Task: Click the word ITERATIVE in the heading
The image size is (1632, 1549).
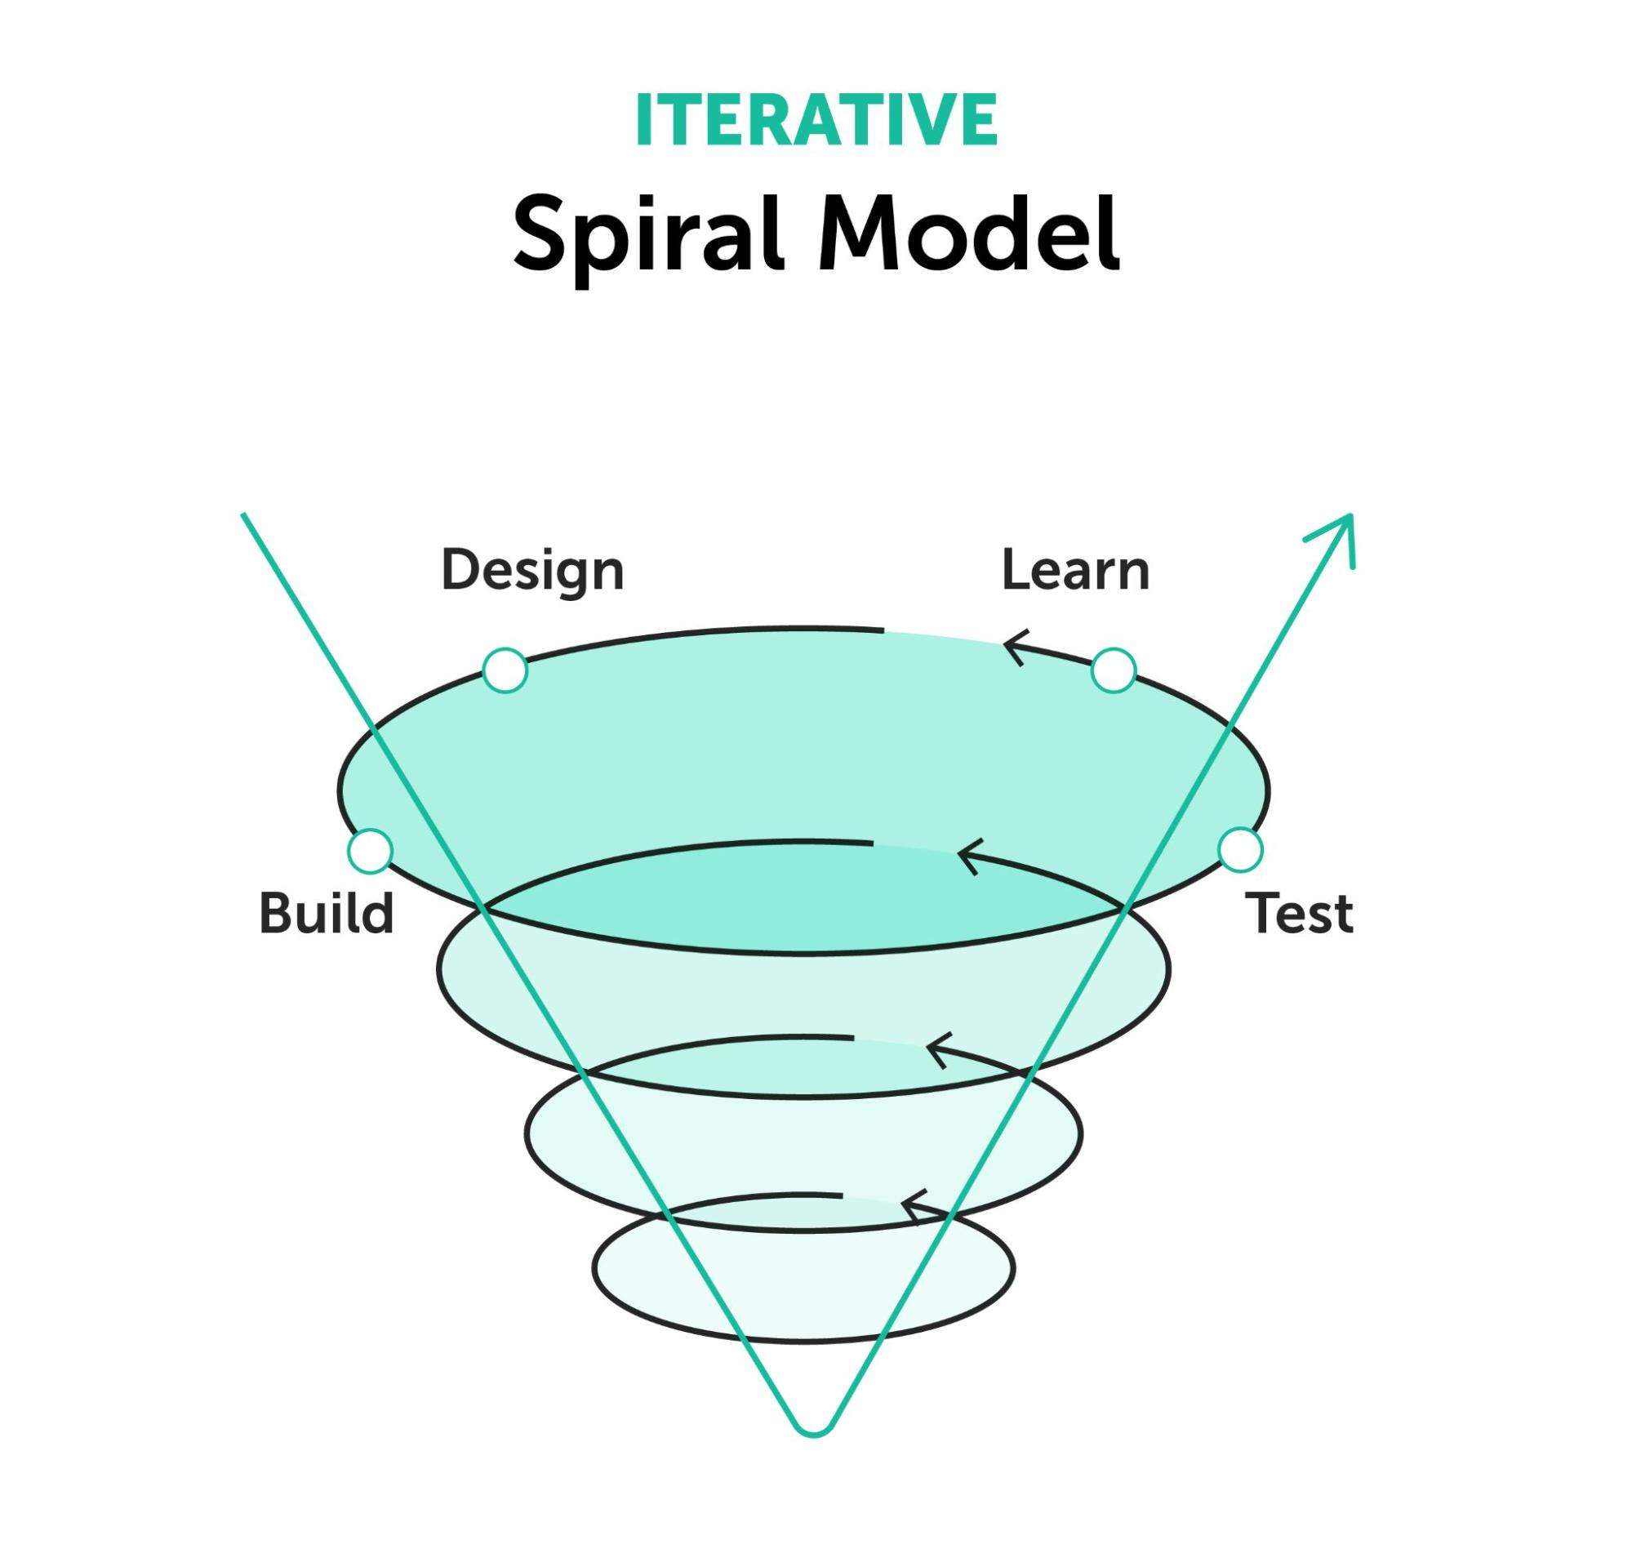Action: point(816,121)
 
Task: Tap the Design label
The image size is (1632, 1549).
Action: point(532,572)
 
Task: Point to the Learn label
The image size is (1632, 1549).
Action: point(1074,571)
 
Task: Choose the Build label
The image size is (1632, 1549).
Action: point(326,914)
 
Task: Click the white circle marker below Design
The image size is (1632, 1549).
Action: point(505,670)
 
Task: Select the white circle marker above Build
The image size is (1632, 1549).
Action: point(370,851)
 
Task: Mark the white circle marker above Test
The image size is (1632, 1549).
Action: point(1240,850)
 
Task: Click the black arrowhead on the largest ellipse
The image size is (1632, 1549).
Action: point(1014,648)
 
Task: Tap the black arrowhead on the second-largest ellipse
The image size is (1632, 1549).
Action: point(967,858)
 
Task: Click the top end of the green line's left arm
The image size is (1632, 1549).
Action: point(243,516)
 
